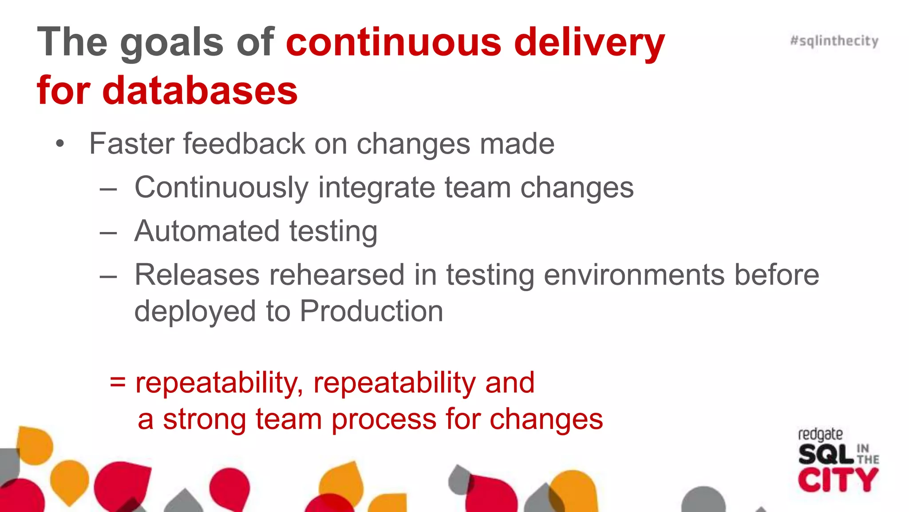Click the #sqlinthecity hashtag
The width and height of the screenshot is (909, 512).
click(834, 41)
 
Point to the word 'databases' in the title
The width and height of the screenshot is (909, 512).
click(200, 91)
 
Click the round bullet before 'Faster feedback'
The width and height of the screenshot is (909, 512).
click(60, 144)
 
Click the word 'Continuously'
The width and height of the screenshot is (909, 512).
click(221, 188)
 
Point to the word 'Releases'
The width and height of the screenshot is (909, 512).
click(197, 275)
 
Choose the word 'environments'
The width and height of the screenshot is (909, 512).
click(634, 275)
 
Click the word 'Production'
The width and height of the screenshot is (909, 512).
click(372, 311)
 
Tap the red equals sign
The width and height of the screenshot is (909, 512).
click(118, 382)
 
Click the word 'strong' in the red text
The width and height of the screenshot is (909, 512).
click(204, 419)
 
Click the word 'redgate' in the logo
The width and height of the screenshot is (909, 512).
click(820, 434)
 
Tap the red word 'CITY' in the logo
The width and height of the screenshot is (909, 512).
click(838, 480)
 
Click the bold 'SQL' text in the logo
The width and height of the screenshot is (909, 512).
click(826, 454)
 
